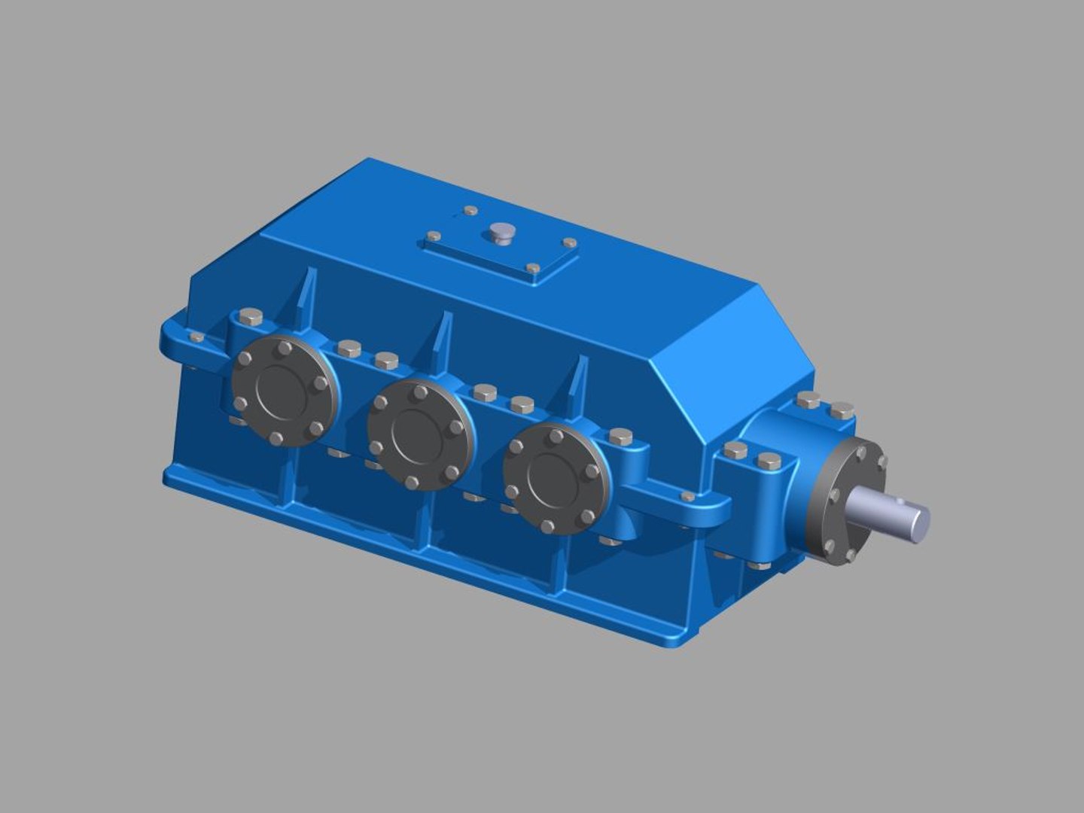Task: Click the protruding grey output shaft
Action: [892, 512]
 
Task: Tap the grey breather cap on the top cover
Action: [499, 233]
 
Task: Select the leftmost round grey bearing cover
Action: [284, 391]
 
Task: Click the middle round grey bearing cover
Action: [420, 434]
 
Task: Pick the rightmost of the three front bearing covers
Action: [556, 479]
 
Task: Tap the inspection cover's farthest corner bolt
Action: [470, 211]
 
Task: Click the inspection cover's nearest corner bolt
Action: [533, 268]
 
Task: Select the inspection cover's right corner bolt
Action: [570, 243]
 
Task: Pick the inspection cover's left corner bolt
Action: [434, 236]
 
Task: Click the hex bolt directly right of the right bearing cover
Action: [620, 436]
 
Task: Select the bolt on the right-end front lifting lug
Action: [687, 497]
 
